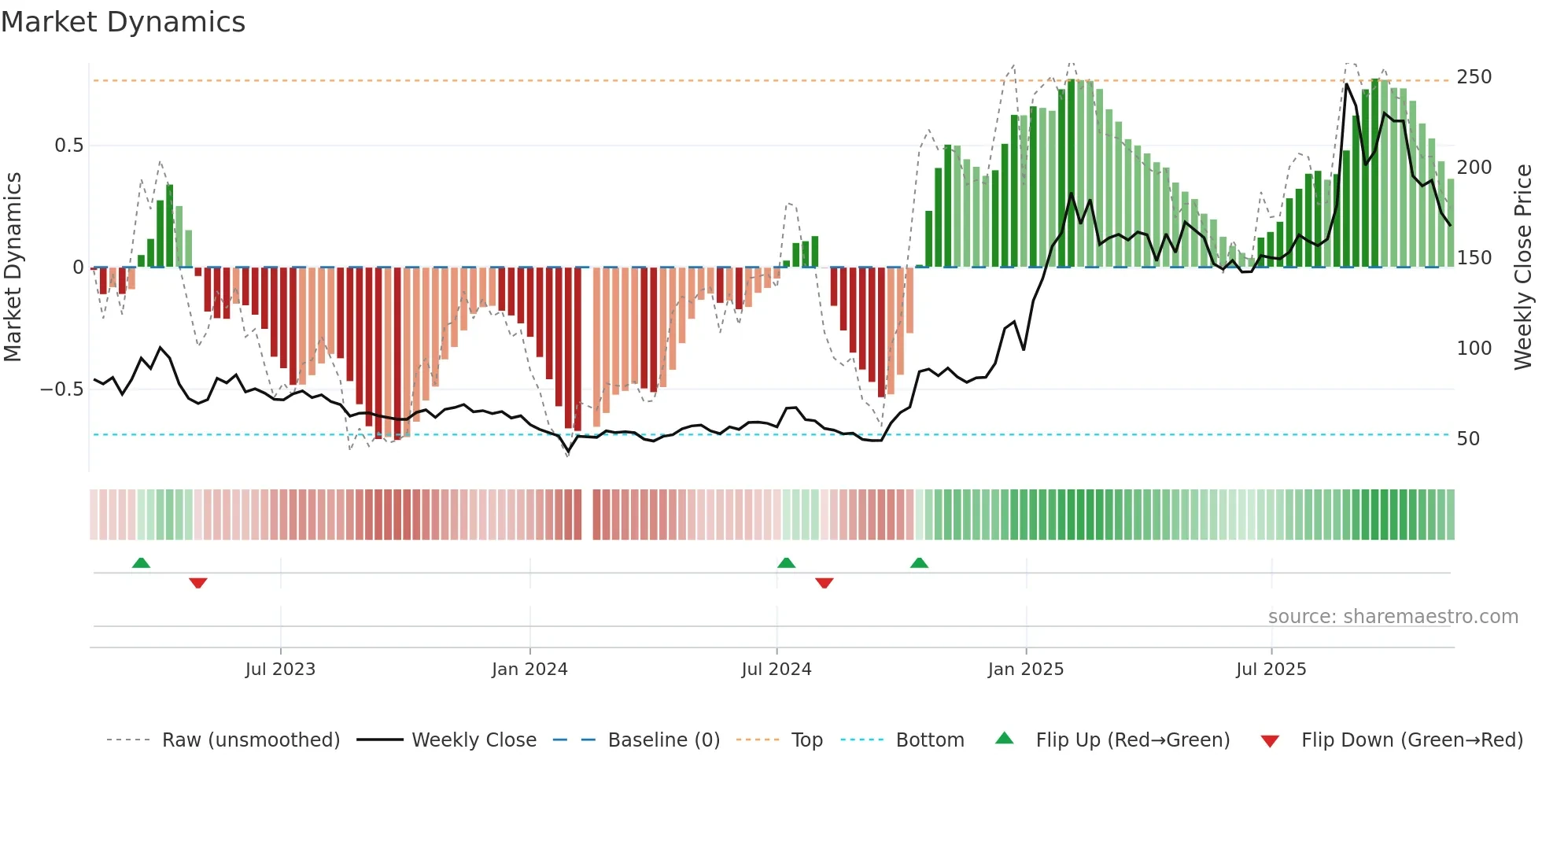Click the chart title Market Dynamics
(x=124, y=22)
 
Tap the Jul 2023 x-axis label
(x=280, y=670)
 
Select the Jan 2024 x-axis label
(x=529, y=670)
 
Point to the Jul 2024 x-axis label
(x=777, y=670)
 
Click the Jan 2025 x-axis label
(x=1026, y=670)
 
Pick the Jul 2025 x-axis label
(x=1271, y=670)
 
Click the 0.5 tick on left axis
(x=68, y=146)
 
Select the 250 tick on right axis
(x=1474, y=77)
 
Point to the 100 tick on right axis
(x=1474, y=349)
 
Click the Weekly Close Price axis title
(x=1524, y=267)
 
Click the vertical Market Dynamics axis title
(x=13, y=267)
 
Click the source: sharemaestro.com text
(x=1393, y=617)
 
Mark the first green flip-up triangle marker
(x=141, y=563)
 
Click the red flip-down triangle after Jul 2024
(x=824, y=583)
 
